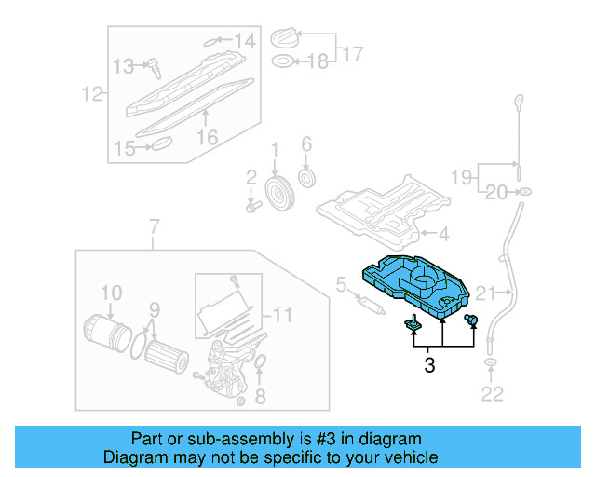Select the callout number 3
click(429, 366)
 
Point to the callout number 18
click(318, 61)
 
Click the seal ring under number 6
click(305, 177)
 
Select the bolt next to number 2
click(251, 202)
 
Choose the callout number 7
click(155, 225)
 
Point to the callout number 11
click(281, 314)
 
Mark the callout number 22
click(491, 395)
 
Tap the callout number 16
click(207, 137)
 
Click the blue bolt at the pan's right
click(471, 321)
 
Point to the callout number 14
click(243, 40)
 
